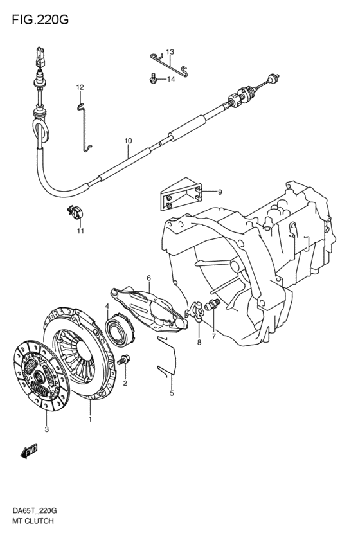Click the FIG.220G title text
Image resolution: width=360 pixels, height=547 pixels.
[40, 20]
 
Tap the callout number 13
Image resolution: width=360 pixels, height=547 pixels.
[170, 52]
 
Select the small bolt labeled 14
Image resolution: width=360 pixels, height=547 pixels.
[152, 78]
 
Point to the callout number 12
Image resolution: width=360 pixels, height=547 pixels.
[80, 87]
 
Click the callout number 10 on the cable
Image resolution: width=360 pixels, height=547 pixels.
[128, 141]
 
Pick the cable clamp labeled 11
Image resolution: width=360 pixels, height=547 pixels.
[76, 212]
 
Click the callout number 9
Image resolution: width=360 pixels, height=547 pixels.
[220, 192]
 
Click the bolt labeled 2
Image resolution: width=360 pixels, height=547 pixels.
[125, 360]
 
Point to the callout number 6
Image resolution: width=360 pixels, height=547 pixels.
[149, 278]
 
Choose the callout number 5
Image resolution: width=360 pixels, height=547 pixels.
[172, 393]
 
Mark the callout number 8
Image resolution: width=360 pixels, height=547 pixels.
[199, 342]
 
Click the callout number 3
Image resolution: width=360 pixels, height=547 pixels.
[47, 429]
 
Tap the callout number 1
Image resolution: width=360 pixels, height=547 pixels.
[90, 419]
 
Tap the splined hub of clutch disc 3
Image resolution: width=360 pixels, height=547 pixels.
[39, 375]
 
